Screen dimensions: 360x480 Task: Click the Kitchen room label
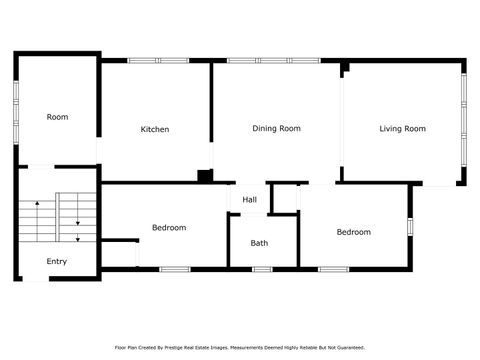pyautogui.click(x=154, y=129)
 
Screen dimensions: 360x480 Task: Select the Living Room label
pyautogui.click(x=402, y=128)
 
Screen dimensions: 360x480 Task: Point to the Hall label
pyautogui.click(x=249, y=200)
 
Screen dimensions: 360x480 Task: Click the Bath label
pyautogui.click(x=259, y=243)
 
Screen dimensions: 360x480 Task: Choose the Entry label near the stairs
pyautogui.click(x=57, y=262)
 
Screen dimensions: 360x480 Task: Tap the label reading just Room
pyautogui.click(x=57, y=117)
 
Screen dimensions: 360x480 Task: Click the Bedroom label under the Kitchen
pyautogui.click(x=168, y=228)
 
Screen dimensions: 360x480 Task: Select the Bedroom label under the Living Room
pyautogui.click(x=353, y=232)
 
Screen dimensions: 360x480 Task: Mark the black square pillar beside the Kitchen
pyautogui.click(x=205, y=176)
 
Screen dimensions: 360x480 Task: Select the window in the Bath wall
pyautogui.click(x=262, y=269)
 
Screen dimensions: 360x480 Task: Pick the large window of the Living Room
pyautogui.click(x=462, y=120)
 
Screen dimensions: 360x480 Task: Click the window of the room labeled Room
pyautogui.click(x=15, y=104)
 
